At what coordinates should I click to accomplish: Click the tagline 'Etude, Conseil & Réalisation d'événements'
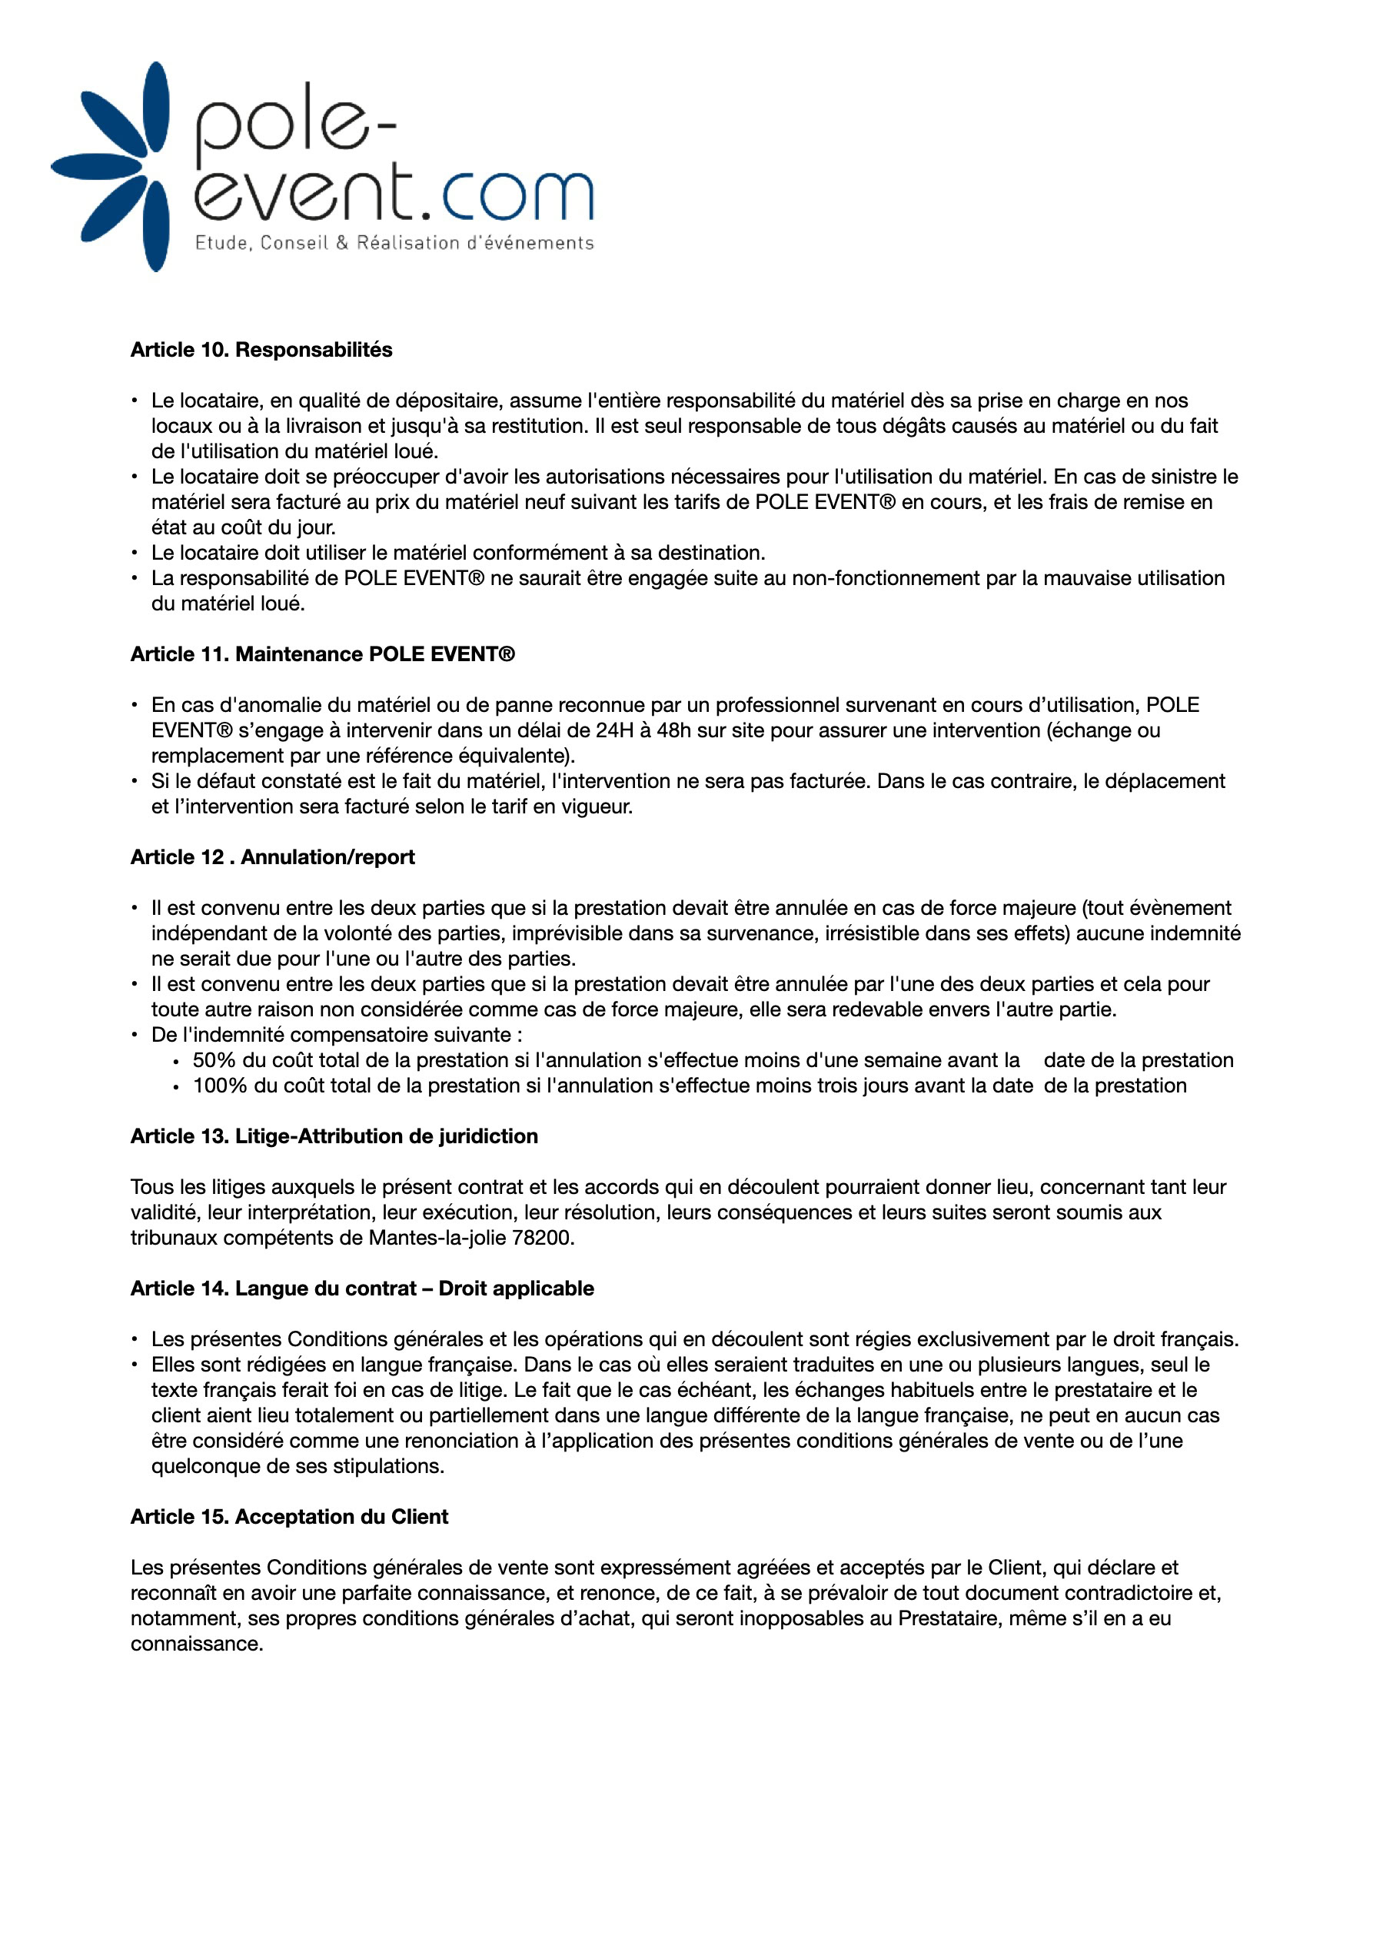[394, 244]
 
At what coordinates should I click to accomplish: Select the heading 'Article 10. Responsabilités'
[261, 350]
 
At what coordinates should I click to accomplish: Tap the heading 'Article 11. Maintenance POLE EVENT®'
[322, 655]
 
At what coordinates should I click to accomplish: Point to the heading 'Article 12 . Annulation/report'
[272, 858]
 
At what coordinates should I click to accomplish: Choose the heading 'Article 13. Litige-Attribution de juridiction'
[334, 1137]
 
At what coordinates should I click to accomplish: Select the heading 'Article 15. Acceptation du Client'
[289, 1518]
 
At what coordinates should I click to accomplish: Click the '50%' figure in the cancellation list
[214, 1061]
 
